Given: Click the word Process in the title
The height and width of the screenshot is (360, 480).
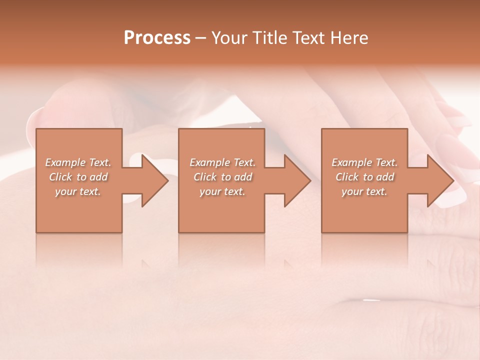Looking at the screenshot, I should [x=157, y=38].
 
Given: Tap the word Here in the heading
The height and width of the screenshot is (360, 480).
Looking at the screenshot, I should [x=349, y=38].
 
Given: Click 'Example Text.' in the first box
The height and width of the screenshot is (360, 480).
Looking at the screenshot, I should [x=78, y=162].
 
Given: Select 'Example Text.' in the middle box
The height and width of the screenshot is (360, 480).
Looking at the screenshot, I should [x=222, y=162].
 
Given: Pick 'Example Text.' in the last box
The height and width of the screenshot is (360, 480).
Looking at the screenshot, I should [x=364, y=162].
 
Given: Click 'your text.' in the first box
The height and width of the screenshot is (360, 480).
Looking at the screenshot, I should [x=78, y=191].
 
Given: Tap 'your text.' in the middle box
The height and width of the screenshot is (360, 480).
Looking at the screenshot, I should [x=222, y=191].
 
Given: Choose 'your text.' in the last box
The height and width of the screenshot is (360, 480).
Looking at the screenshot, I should [x=364, y=191].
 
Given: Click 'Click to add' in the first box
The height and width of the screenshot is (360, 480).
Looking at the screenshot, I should [x=78, y=177].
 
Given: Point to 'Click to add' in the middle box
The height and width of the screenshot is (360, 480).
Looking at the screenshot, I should [x=222, y=177].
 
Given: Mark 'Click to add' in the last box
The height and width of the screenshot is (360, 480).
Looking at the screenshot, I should [x=364, y=177].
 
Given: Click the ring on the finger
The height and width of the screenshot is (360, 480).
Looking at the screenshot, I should [x=371, y=300].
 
